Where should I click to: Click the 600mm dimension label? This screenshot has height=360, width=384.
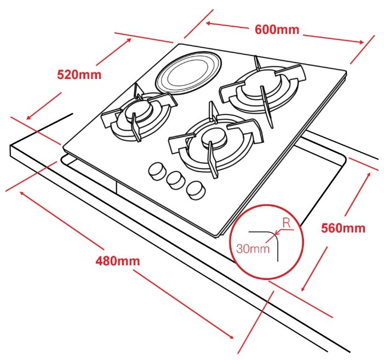277,30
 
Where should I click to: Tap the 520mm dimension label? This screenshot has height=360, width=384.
79,75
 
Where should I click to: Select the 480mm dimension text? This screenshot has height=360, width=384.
118,261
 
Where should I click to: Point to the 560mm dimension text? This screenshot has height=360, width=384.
343,228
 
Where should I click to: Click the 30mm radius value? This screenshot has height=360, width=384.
253,249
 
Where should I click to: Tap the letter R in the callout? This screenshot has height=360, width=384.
286,223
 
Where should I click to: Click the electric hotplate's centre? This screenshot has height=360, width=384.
189,73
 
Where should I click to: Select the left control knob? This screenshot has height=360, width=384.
156,171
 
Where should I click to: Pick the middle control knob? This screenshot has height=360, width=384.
175,180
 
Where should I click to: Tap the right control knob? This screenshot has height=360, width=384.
196,190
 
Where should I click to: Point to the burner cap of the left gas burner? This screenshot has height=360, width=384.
137,111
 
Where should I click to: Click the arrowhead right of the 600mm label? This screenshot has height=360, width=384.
361,42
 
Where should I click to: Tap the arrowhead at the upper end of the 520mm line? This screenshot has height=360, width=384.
128,41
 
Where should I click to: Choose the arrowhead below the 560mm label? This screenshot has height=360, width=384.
303,288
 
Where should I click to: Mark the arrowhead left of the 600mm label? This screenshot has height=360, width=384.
209,24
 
